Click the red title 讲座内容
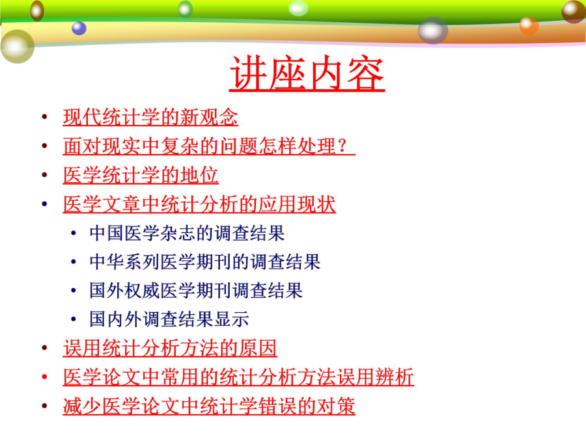point(307,73)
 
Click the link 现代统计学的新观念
point(150,117)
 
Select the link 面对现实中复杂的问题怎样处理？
point(209,146)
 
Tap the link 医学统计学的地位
point(141,175)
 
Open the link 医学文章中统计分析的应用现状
point(199,204)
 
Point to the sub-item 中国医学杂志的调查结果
point(187,233)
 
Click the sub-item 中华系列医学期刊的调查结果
point(205,261)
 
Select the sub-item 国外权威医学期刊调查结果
point(196,291)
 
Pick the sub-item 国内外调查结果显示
point(169,319)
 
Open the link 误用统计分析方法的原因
point(170,348)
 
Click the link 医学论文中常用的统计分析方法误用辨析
point(238,377)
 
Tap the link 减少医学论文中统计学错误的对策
point(209,406)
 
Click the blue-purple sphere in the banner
point(79,29)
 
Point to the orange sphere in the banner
point(529,26)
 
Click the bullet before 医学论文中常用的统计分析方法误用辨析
point(44,377)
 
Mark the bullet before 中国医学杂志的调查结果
point(74,233)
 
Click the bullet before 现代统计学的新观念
point(44,117)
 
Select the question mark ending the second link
point(342,146)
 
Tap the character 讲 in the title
point(249,73)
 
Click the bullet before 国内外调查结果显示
point(74,319)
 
